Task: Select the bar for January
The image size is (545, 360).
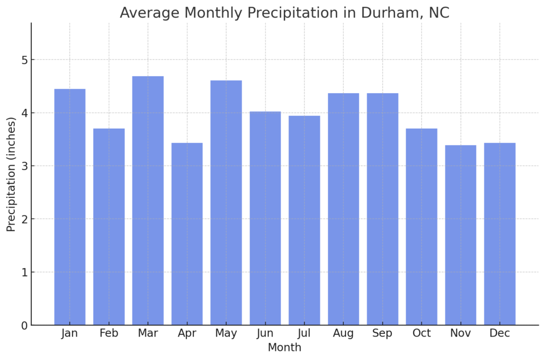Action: [70, 207]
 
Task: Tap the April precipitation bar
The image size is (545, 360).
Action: [187, 234]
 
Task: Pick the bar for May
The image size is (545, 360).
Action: [226, 203]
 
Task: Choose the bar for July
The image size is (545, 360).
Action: [304, 220]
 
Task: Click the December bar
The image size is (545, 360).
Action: [500, 234]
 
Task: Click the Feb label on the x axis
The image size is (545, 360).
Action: [109, 333]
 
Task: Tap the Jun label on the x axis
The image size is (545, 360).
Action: [265, 333]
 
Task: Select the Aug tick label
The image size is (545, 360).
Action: [343, 333]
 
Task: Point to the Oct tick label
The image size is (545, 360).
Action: [422, 333]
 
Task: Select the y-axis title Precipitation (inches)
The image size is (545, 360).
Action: [11, 174]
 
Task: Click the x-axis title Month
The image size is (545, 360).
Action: [284, 348]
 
